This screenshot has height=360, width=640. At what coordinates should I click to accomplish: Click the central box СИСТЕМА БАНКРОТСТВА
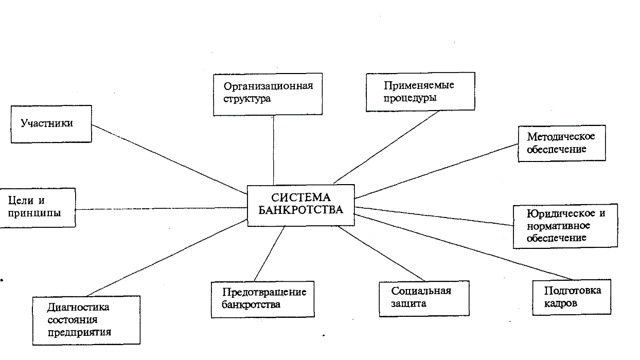[300, 205]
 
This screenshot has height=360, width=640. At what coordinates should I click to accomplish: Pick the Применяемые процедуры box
[420, 92]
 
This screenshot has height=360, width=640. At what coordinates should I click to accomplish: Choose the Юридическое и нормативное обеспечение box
[565, 226]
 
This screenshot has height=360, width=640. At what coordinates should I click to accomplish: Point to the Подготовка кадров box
[572, 297]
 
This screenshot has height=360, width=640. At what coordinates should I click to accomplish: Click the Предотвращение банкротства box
[262, 298]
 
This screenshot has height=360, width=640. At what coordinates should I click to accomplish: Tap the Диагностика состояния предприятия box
[86, 319]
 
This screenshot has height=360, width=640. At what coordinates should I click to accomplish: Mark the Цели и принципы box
[37, 207]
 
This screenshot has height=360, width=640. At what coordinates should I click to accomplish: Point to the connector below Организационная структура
[273, 149]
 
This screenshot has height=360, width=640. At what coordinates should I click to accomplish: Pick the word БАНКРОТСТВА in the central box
[300, 210]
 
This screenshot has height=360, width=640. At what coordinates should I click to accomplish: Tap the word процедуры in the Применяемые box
[410, 98]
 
